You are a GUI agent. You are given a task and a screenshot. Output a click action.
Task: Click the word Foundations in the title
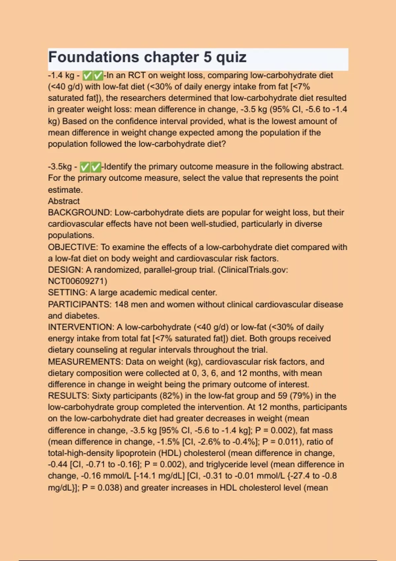click(x=94, y=57)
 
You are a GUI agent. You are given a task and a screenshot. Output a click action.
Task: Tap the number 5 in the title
click(x=208, y=57)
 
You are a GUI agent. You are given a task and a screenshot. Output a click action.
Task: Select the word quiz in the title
click(x=231, y=57)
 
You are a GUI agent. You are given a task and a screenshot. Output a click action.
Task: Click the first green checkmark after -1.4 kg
click(x=87, y=76)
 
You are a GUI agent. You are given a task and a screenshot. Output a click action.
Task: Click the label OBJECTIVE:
click(x=73, y=247)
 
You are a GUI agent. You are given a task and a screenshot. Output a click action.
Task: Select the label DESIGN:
click(x=66, y=270)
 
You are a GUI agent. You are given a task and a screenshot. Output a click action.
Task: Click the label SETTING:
click(x=68, y=293)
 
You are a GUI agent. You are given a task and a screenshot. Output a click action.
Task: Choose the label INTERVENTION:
click(x=81, y=327)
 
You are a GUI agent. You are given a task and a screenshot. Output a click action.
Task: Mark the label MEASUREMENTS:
click(x=85, y=362)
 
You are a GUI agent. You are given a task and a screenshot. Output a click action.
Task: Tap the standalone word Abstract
click(x=64, y=201)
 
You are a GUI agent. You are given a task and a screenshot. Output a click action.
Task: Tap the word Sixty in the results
click(x=101, y=396)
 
